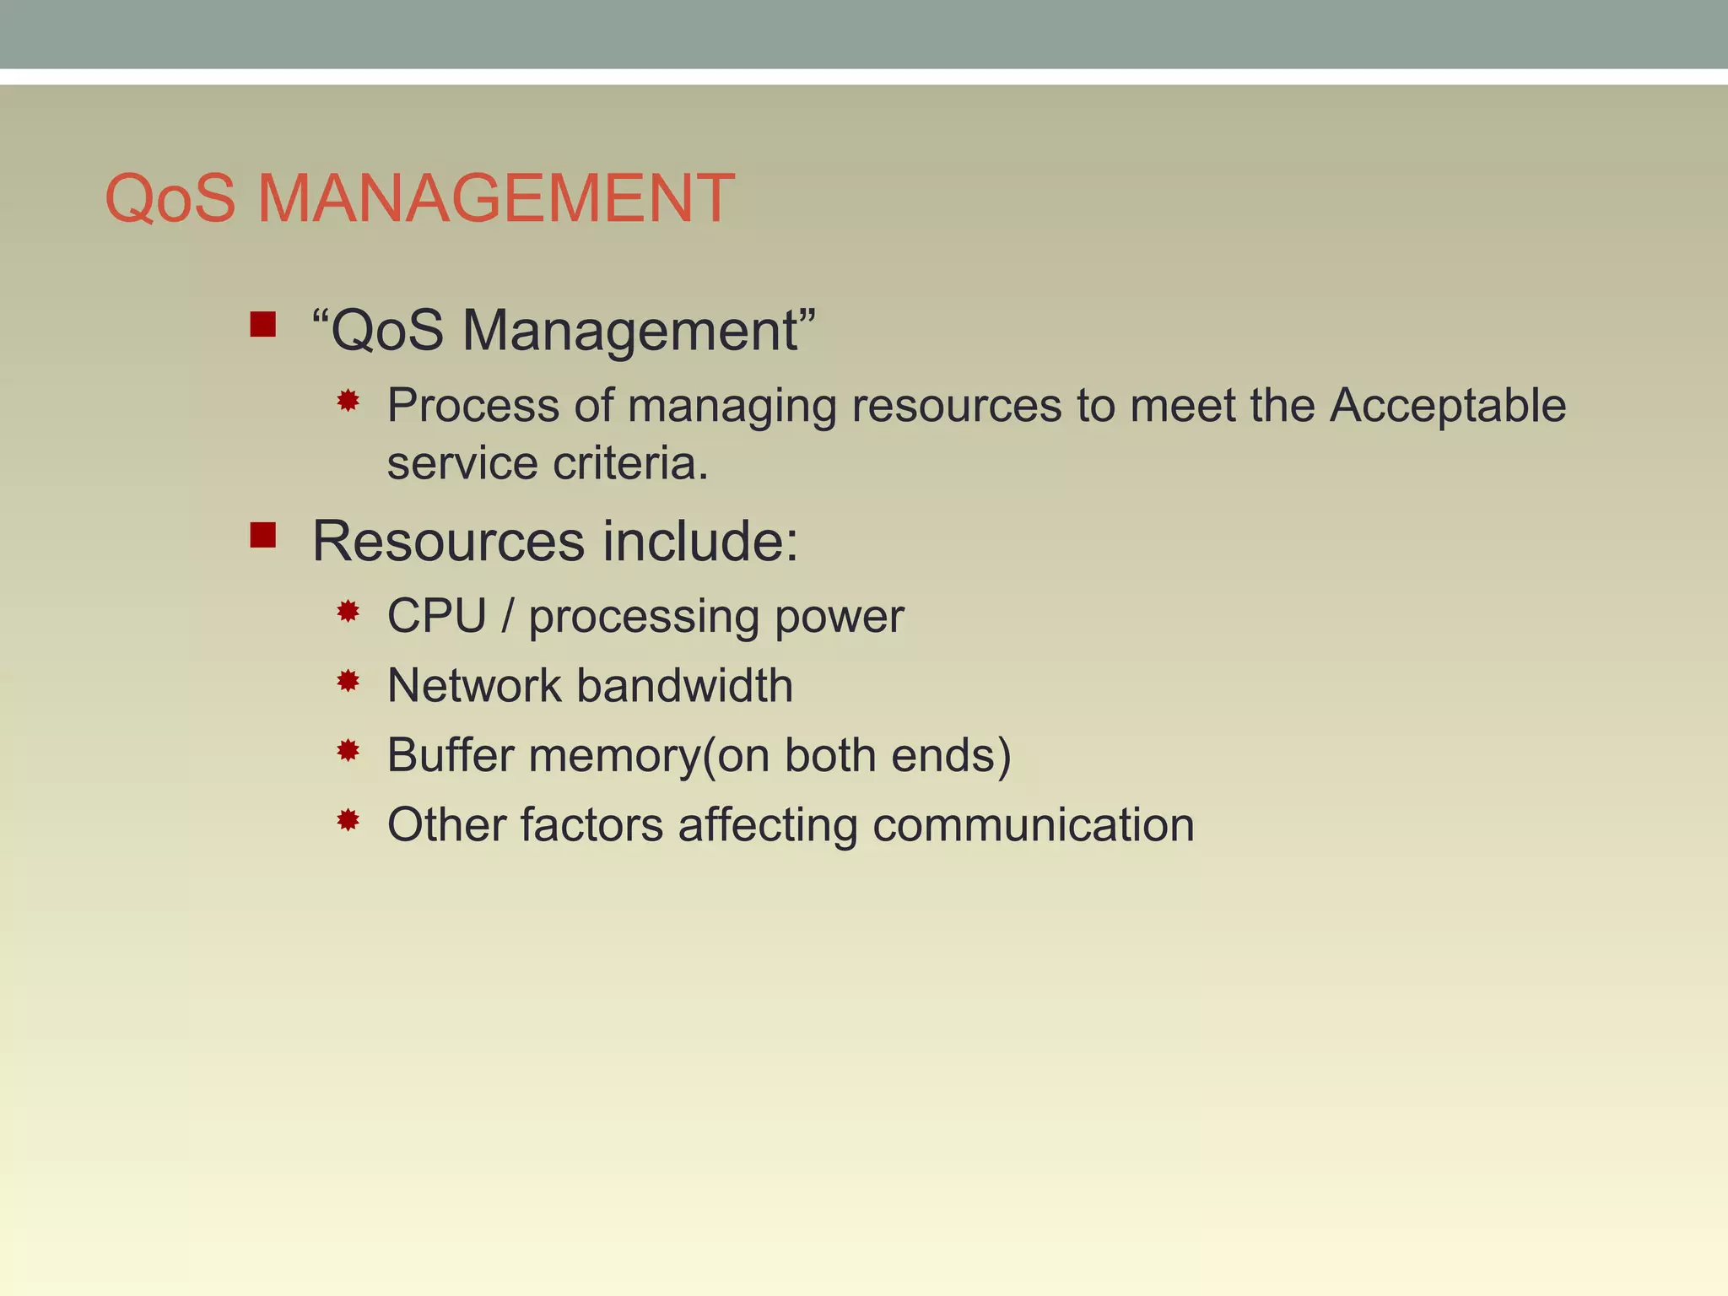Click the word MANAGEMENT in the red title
[495, 198]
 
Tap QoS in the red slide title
[170, 198]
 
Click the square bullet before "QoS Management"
[263, 324]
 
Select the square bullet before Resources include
[263, 535]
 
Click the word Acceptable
[1448, 405]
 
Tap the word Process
[473, 405]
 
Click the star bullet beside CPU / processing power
[348, 611]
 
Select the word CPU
[436, 615]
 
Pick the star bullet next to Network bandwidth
[348, 680]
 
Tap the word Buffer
[451, 754]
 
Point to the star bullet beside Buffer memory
[348, 750]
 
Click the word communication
[1033, 824]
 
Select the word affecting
[768, 824]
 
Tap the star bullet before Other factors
[348, 819]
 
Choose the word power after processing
[839, 617]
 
